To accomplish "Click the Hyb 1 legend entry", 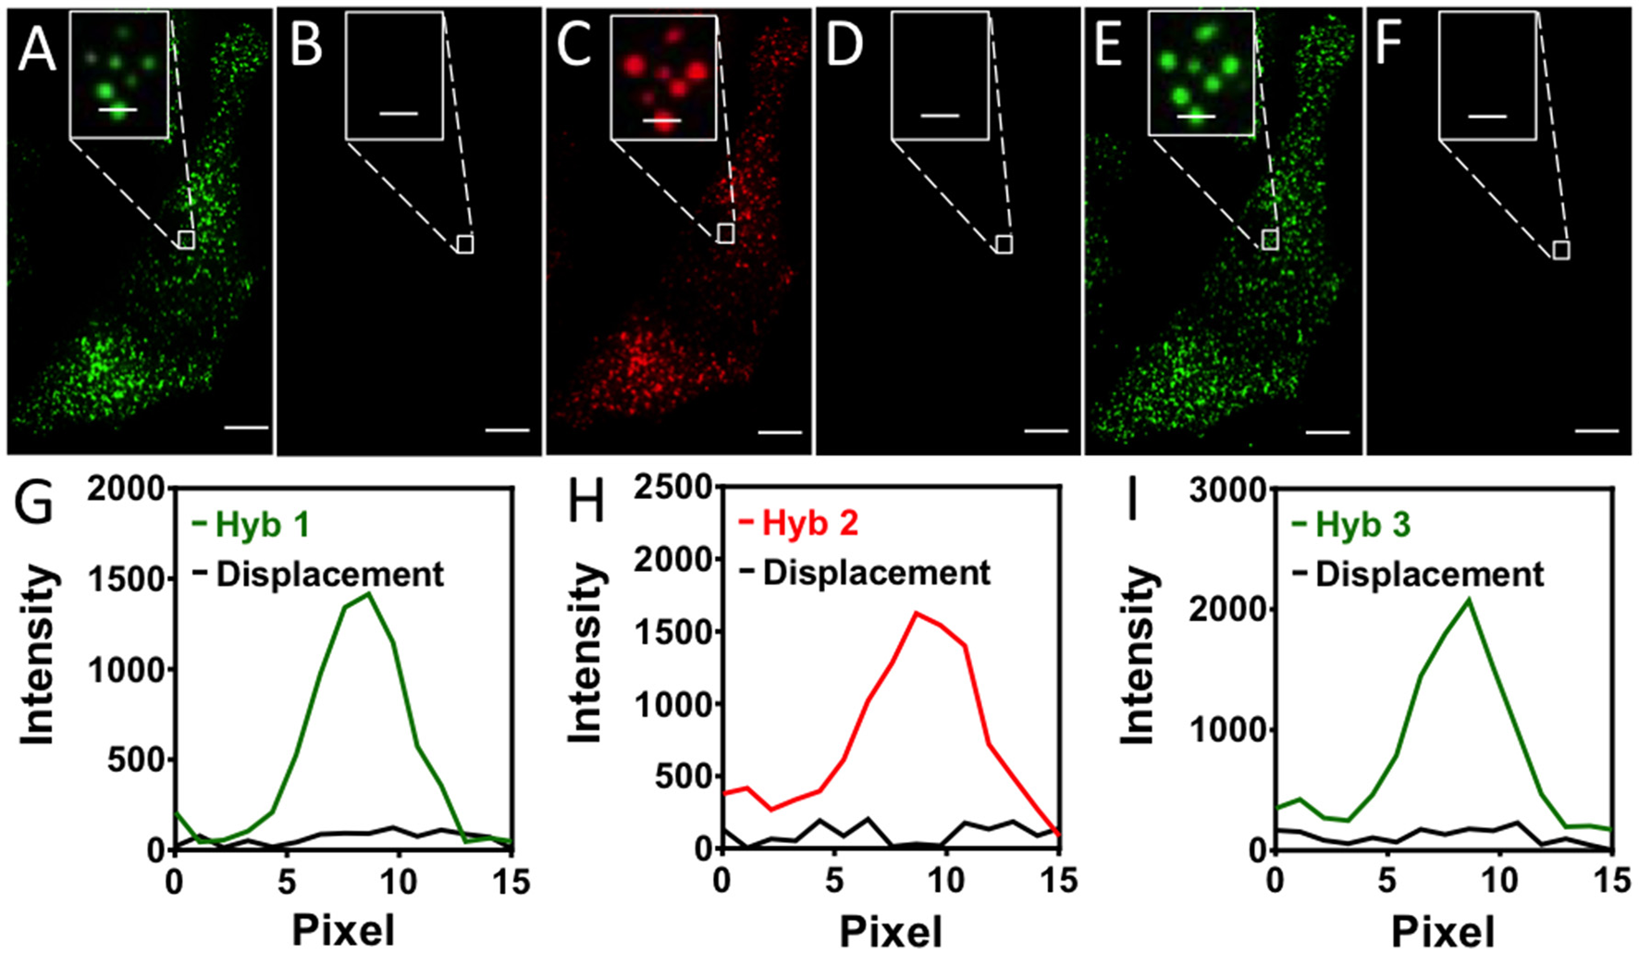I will tap(261, 525).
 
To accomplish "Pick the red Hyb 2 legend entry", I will tap(809, 523).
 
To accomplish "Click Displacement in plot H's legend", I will tap(875, 573).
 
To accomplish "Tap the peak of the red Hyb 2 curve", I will tap(916, 613).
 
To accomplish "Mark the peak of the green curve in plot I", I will tap(1468, 600).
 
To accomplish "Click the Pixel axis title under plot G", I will tap(342, 930).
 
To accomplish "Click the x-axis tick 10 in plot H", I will tap(946, 881).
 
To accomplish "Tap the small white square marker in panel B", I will tap(465, 244).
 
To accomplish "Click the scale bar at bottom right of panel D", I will tap(1046, 430).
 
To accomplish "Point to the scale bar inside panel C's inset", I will tap(661, 120).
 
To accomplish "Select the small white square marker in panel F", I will tap(1560, 250).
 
